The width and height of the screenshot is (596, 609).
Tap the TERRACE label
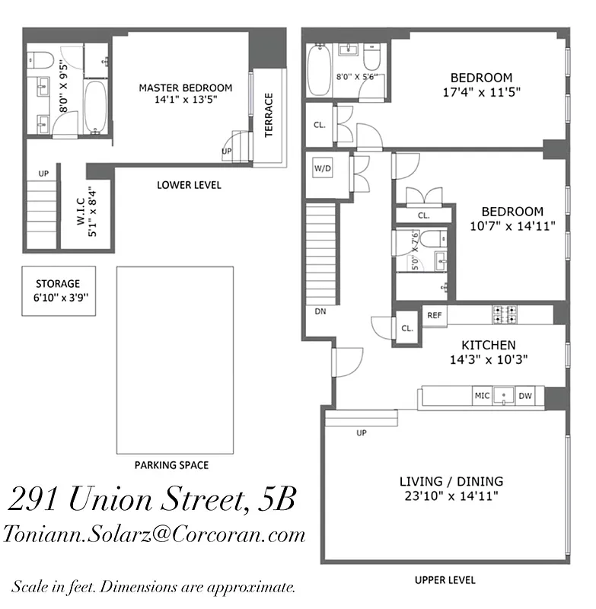coord(269,115)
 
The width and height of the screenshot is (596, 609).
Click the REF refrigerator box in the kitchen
coord(435,314)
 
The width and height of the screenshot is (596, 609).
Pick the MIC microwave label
coord(482,396)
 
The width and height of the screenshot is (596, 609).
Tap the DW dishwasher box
coord(525,396)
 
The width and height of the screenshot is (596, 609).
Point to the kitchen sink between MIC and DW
coord(503,396)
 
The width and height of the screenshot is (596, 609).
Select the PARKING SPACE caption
coord(171,465)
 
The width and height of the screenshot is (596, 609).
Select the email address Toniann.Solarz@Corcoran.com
coord(155,534)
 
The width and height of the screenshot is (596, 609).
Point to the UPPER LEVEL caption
coord(445,580)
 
